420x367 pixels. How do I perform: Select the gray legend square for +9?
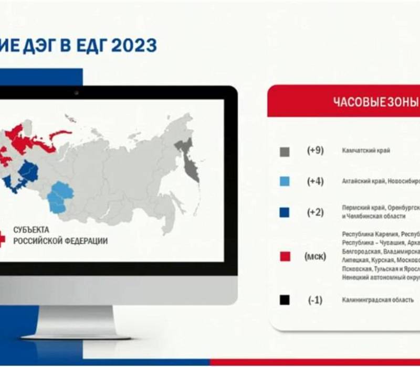tap(285, 152)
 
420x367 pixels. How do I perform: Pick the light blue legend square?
tap(285, 181)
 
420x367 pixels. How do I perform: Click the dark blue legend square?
tap(285, 212)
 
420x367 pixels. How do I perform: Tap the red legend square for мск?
tap(285, 256)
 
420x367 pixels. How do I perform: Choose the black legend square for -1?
tap(285, 300)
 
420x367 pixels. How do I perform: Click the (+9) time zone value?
tap(315, 150)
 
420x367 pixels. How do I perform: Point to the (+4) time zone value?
tap(315, 181)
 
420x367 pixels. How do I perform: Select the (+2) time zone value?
tap(315, 212)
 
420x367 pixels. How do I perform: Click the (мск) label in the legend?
tap(315, 256)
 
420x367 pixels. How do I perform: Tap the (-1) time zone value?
tap(315, 300)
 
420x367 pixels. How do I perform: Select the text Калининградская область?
tap(377, 300)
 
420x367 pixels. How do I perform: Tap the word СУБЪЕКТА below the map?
tap(30, 230)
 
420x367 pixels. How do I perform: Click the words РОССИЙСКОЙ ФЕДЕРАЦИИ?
tap(60, 241)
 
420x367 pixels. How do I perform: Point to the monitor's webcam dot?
tap(77, 93)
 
